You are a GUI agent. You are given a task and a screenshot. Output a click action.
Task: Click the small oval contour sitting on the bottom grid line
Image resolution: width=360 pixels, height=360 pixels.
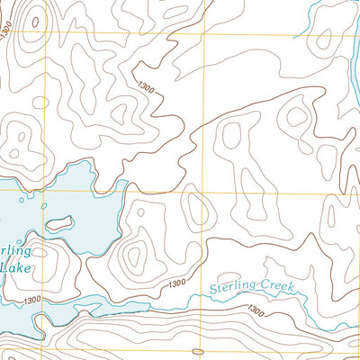tap(198, 350)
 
